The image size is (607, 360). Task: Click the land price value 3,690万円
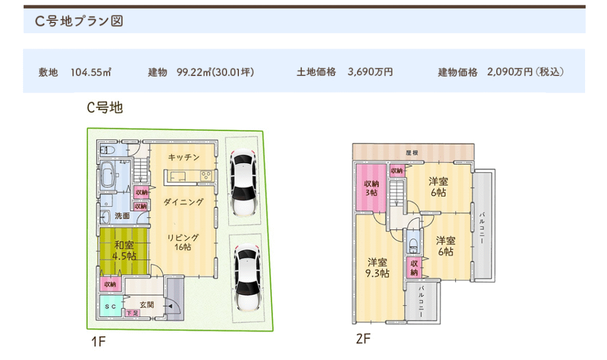tap(370, 72)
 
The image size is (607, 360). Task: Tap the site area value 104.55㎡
tap(91, 72)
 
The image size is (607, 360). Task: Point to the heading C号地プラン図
tap(79, 21)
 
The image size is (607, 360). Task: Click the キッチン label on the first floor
tap(184, 157)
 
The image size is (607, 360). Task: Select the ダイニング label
tap(184, 202)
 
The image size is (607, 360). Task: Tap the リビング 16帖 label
tap(183, 242)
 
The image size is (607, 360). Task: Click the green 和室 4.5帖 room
tap(124, 251)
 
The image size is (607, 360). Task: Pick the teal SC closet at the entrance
tap(111, 306)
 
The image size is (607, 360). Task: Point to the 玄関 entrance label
tap(147, 305)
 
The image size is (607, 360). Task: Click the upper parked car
tap(243, 182)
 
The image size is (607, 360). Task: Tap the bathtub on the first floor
tap(108, 174)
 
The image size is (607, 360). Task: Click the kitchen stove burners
tap(206, 176)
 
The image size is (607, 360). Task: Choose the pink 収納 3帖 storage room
tap(371, 188)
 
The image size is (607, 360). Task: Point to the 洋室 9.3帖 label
tap(377, 267)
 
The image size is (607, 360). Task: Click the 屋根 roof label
tap(412, 152)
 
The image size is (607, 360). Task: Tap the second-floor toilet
tap(413, 245)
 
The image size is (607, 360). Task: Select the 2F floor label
tap(363, 339)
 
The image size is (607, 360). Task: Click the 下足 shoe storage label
tap(132, 313)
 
